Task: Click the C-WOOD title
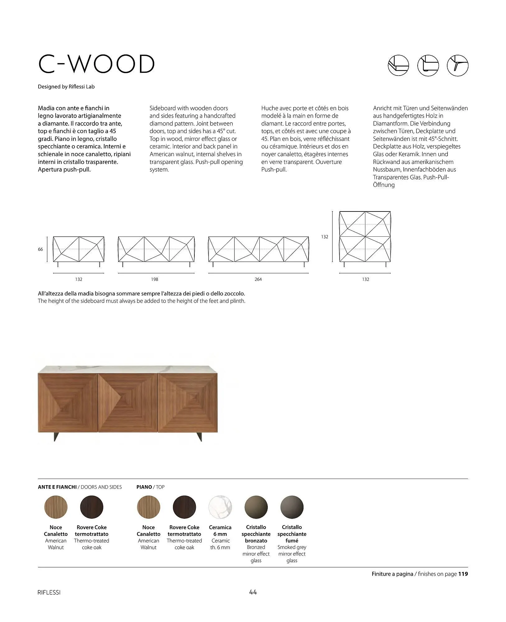click(x=96, y=64)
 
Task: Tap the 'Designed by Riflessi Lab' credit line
click(x=66, y=87)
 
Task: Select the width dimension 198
click(x=155, y=279)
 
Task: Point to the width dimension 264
click(x=258, y=279)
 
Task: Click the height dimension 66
click(x=40, y=249)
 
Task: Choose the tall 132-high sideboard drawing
click(x=365, y=237)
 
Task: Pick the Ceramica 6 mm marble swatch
click(x=220, y=507)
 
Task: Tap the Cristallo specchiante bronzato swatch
click(x=256, y=507)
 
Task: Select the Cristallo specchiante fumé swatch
click(x=292, y=507)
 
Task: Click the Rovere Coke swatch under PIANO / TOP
click(x=184, y=507)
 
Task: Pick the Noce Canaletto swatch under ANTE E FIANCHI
click(x=56, y=507)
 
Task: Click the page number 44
click(x=253, y=592)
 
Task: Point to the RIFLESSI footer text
click(x=49, y=593)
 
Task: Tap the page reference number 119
click(x=463, y=574)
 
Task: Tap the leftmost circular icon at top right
click(x=398, y=65)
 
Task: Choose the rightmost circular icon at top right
click(x=457, y=65)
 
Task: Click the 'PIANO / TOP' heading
click(x=151, y=487)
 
